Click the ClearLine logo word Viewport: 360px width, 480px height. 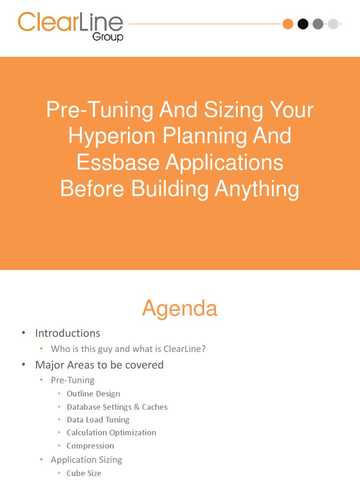(70, 22)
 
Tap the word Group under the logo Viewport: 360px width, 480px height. (108, 37)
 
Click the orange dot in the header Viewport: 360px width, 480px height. (288, 23)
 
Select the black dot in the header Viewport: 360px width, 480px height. (303, 23)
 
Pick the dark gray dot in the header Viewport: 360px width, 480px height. (318, 23)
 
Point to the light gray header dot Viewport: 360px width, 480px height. (333, 23)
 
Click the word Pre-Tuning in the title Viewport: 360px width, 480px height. (99, 110)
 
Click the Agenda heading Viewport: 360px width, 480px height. (180, 308)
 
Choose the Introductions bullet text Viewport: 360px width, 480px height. (67, 333)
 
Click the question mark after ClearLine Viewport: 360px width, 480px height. (203, 349)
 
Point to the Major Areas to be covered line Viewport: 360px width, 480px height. (99, 365)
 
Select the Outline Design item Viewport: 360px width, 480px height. (93, 394)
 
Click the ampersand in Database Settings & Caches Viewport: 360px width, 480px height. (137, 407)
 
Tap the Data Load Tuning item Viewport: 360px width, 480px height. (98, 420)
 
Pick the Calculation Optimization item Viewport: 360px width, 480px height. (111, 433)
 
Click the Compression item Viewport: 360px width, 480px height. (90, 446)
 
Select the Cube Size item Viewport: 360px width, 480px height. (84, 473)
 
